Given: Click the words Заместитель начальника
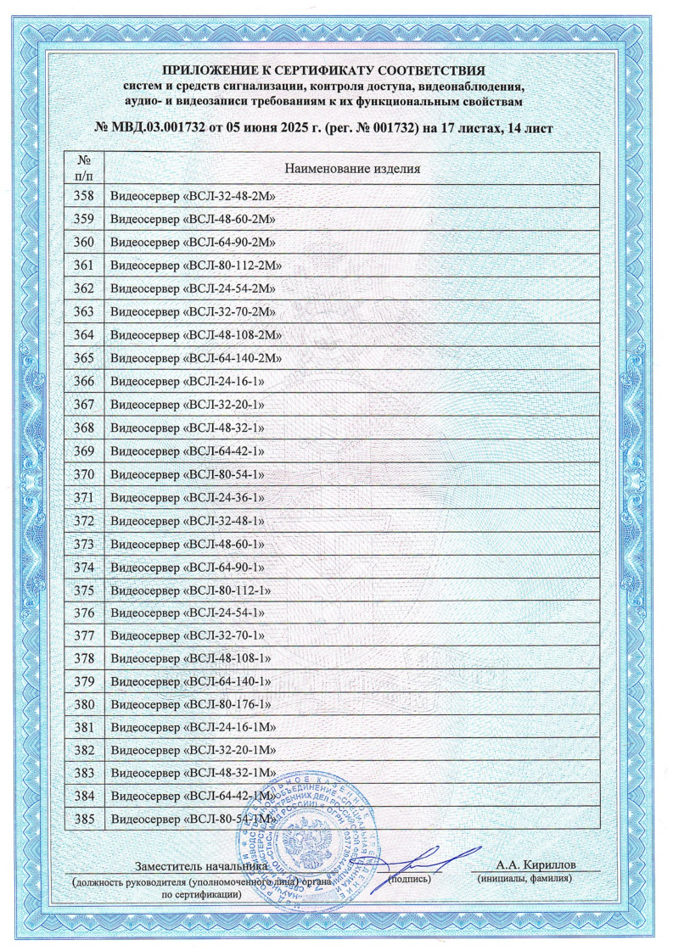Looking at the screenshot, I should [x=201, y=866].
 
